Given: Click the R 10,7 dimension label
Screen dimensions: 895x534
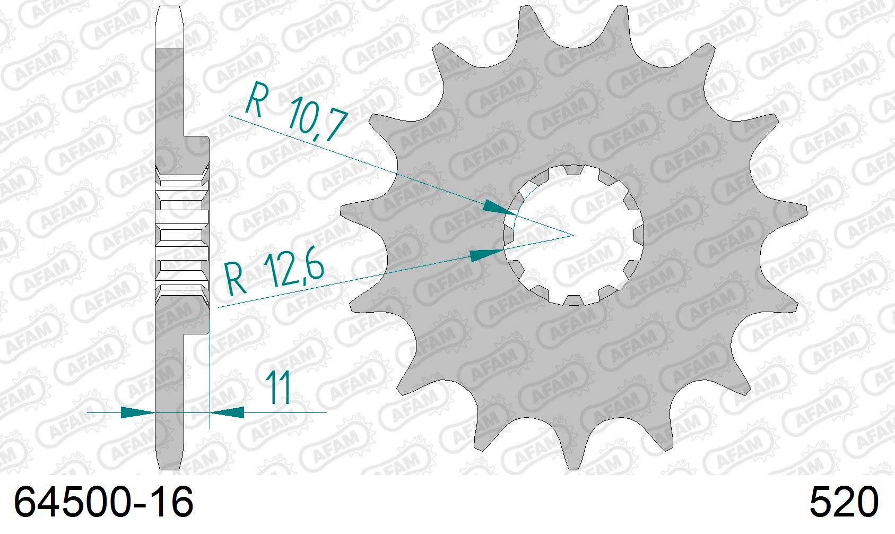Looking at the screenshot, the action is pos(296,111).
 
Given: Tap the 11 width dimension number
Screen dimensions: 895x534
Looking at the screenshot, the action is pos(279,387).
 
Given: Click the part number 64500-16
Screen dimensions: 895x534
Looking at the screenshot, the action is pos(103,502).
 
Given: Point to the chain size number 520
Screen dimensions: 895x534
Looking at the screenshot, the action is pos(844,502).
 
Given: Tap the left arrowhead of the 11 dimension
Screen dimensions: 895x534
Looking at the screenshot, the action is pos(137,412).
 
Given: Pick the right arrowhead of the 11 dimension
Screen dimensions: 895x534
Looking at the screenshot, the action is pos(227,412).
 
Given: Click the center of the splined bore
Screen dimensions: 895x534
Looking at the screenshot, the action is pos(574,235).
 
